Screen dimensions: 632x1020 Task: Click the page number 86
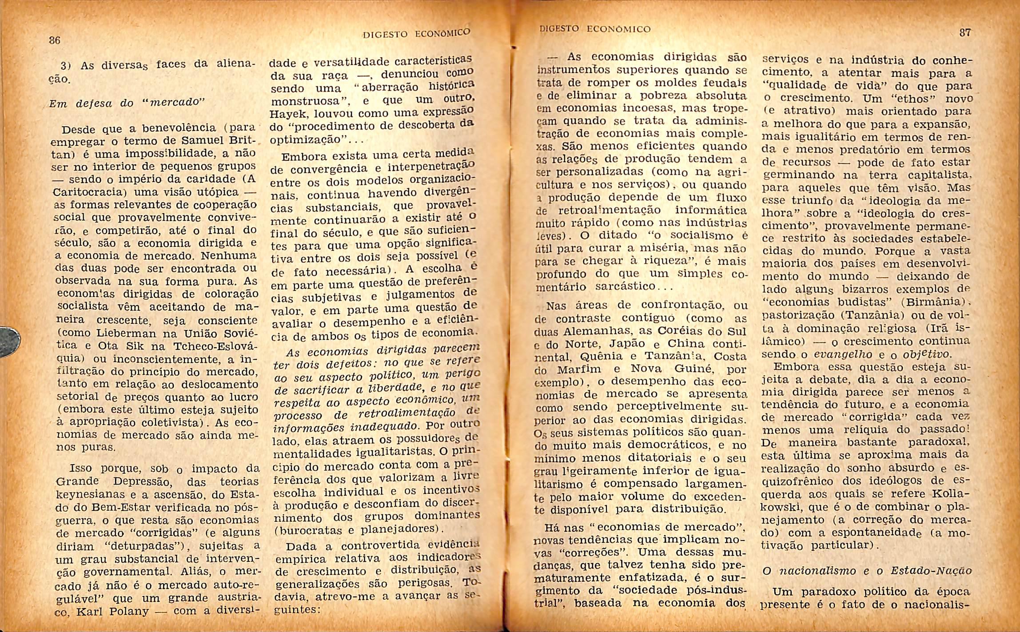coord(54,40)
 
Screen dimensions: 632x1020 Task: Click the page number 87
coord(965,32)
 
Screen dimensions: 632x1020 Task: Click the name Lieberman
coord(132,333)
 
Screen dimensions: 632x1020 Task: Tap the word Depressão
coord(145,482)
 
